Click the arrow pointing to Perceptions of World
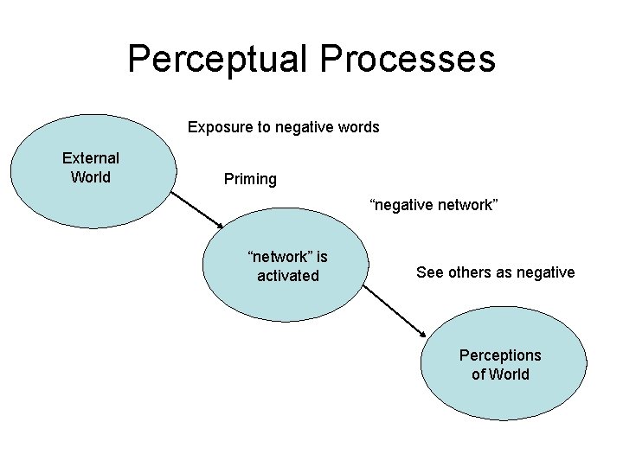[395, 311]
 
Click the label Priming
[250, 179]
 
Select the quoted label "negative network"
[434, 205]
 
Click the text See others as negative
[495, 272]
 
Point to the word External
[91, 158]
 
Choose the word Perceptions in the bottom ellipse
[500, 355]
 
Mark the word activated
[288, 276]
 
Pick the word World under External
[91, 178]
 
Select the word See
[429, 272]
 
